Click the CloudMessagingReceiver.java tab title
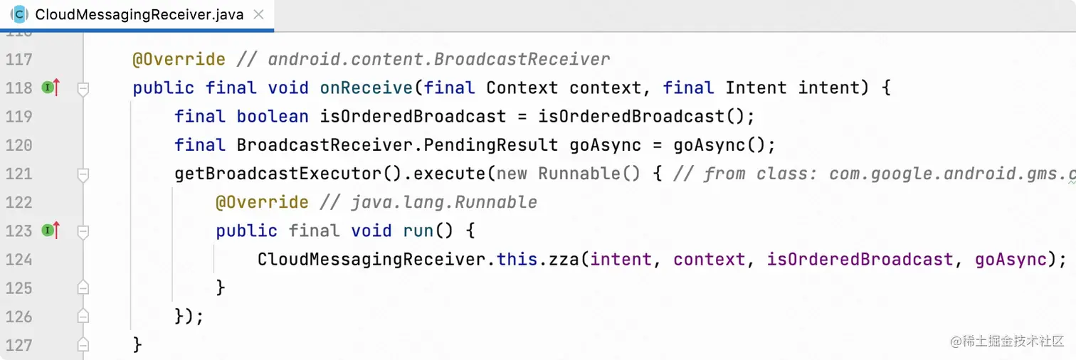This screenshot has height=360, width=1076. [139, 14]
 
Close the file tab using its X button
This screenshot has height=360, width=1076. [258, 14]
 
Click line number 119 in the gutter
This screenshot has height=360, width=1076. [19, 117]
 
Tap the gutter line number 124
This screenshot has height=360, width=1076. [19, 260]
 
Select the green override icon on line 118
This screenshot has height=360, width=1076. [48, 88]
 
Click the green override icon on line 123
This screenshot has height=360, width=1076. [48, 231]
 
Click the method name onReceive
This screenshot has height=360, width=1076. [366, 88]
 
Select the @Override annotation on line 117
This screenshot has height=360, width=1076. [179, 60]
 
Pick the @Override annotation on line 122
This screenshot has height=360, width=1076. [262, 203]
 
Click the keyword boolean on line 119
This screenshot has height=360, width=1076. [273, 117]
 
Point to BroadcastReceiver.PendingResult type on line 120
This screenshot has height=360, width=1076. [397, 145]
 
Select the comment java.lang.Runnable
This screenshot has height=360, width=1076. [444, 203]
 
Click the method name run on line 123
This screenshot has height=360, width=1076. [418, 231]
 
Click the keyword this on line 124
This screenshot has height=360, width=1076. [512, 260]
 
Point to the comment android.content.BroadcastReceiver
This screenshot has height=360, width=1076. [439, 60]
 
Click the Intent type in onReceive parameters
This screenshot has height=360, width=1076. [756, 88]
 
